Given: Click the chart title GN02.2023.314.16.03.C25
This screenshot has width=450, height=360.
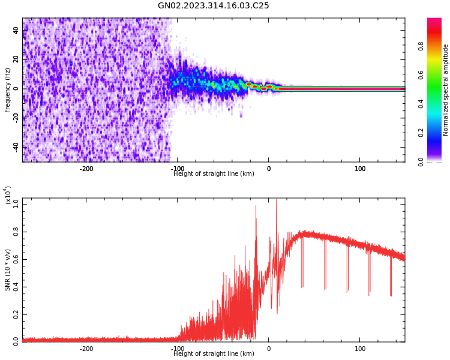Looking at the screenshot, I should coord(214,6).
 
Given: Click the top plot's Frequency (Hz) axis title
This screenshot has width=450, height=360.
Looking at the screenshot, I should coord(8,90).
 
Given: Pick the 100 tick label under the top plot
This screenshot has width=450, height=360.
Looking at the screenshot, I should coord(360,169).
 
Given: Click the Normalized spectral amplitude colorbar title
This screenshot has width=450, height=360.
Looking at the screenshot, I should coord(446,90).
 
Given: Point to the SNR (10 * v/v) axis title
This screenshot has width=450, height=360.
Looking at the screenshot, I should coord(8,270).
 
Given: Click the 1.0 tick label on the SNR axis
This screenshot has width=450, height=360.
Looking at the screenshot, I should coord(15,205).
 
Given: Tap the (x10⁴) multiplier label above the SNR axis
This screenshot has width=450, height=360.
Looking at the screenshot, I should coord(8,196).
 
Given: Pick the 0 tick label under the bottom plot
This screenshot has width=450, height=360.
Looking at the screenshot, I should coord(268,349).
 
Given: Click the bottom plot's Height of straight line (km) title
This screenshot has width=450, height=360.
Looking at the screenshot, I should coord(214,354).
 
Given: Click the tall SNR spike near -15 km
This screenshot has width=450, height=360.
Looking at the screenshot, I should coord(256,206).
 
